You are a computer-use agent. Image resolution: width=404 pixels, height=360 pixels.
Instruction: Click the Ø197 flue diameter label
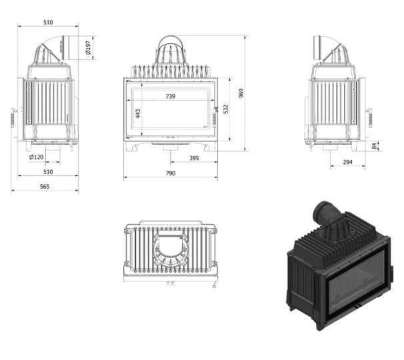(x=88, y=48)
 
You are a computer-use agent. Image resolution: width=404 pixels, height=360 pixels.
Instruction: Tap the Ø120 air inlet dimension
(x=36, y=157)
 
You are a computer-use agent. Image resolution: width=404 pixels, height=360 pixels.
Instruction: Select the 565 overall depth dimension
(x=45, y=186)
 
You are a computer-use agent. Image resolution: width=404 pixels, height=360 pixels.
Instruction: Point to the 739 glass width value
(x=170, y=96)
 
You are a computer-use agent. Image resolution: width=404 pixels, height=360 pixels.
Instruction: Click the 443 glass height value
(x=138, y=113)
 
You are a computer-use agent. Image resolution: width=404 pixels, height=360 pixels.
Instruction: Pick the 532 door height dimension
(x=226, y=109)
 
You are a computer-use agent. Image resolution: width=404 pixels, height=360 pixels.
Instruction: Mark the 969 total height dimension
(x=241, y=93)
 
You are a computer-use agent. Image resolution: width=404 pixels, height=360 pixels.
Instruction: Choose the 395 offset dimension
(x=194, y=158)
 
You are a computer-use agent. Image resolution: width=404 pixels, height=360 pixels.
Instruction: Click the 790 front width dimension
(x=170, y=173)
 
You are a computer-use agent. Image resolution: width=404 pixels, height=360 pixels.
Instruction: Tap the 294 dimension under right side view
(x=347, y=162)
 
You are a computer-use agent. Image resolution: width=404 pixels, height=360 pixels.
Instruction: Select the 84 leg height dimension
(x=375, y=146)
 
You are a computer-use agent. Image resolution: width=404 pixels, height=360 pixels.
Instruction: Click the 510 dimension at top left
(x=48, y=23)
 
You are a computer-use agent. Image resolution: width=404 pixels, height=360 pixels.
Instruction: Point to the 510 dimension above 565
(x=48, y=171)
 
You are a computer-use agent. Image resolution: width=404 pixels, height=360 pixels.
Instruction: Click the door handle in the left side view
(x=13, y=117)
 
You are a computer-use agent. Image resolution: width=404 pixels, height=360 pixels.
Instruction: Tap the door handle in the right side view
(x=370, y=117)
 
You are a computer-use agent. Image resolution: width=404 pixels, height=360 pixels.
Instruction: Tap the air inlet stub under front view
(x=170, y=147)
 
